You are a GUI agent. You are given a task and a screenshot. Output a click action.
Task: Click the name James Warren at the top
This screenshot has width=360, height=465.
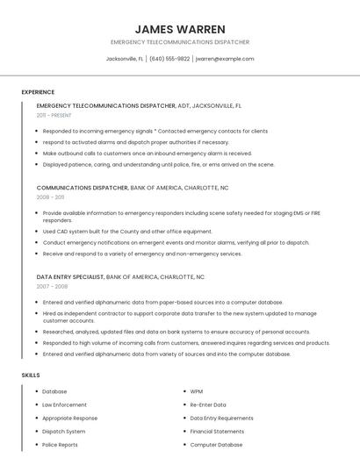pyautogui.click(x=180, y=29)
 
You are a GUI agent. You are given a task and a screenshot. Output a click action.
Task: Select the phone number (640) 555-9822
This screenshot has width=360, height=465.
pyautogui.click(x=169, y=59)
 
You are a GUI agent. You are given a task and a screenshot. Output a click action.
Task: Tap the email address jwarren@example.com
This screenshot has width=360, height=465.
pyautogui.click(x=225, y=59)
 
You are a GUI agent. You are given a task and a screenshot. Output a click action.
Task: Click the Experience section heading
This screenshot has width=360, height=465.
pyautogui.click(x=38, y=92)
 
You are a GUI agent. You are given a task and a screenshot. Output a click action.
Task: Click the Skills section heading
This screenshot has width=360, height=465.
pyautogui.click(x=31, y=375)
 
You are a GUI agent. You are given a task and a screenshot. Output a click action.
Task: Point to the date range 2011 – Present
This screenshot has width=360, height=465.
pyautogui.click(x=54, y=115)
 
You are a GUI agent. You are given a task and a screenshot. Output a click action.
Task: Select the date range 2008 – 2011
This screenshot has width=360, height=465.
pyautogui.click(x=50, y=197)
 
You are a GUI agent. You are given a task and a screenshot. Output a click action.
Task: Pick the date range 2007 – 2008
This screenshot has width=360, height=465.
pyautogui.click(x=52, y=286)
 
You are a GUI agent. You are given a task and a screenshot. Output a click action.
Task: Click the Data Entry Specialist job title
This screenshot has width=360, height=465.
pyautogui.click(x=70, y=276)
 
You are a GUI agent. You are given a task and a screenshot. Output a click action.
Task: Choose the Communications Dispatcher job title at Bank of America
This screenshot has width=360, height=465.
pyautogui.click(x=83, y=188)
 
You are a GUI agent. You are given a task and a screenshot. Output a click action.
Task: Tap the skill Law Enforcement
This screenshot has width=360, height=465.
pyautogui.click(x=65, y=405)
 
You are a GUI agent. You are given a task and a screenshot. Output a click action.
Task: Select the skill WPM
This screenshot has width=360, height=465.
pyautogui.click(x=197, y=392)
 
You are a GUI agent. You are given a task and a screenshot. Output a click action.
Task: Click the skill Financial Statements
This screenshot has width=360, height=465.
pyautogui.click(x=217, y=432)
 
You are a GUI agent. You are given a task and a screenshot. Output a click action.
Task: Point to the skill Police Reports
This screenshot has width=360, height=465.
pyautogui.click(x=60, y=445)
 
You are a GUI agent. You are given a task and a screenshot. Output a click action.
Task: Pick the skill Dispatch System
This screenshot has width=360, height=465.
pyautogui.click(x=64, y=432)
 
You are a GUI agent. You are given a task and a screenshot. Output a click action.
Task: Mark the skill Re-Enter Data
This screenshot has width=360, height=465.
pyautogui.click(x=208, y=405)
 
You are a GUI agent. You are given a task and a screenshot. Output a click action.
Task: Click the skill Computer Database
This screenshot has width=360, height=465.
pyautogui.click(x=216, y=445)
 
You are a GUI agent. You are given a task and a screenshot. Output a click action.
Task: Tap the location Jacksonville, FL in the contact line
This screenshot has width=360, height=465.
pyautogui.click(x=124, y=59)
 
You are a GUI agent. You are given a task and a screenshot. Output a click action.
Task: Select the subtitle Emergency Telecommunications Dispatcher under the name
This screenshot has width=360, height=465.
pyautogui.click(x=180, y=42)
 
